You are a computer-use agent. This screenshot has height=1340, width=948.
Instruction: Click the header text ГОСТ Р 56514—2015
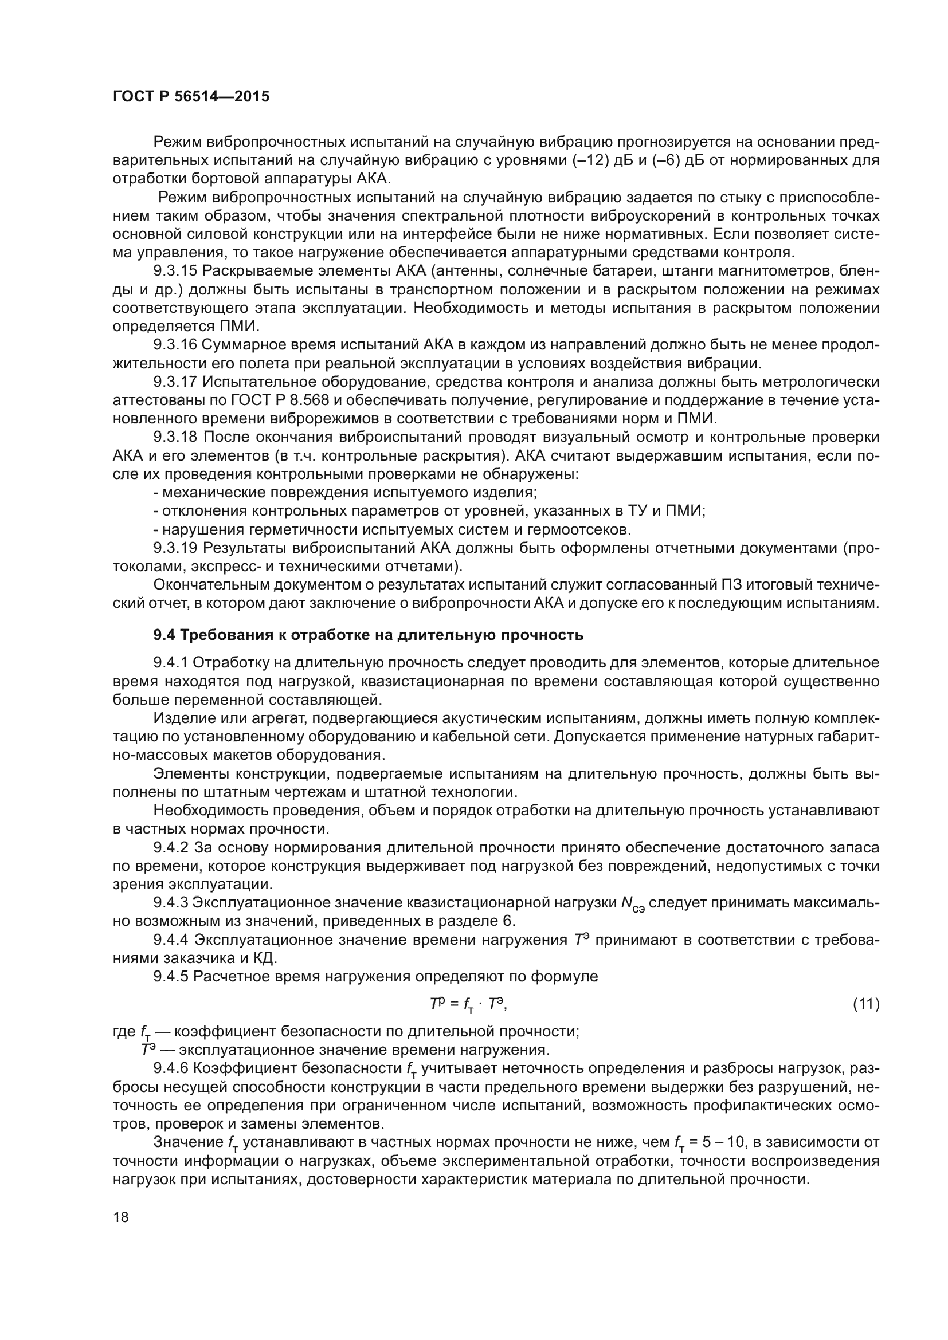coord(191,97)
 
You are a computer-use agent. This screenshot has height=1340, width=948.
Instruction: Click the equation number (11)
coord(865,1004)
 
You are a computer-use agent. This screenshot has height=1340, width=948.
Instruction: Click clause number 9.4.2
coord(171,847)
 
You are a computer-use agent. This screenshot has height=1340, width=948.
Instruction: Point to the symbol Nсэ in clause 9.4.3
coord(632,904)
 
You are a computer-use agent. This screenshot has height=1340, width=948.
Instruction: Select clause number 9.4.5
coord(171,976)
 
